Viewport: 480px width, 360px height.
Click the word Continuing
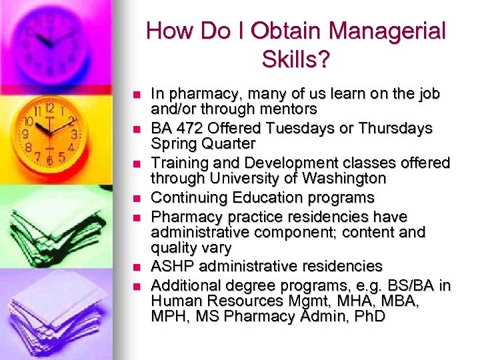coord(188,197)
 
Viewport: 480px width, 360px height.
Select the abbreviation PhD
coord(371,316)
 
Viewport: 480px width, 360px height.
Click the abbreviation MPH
coord(170,316)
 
